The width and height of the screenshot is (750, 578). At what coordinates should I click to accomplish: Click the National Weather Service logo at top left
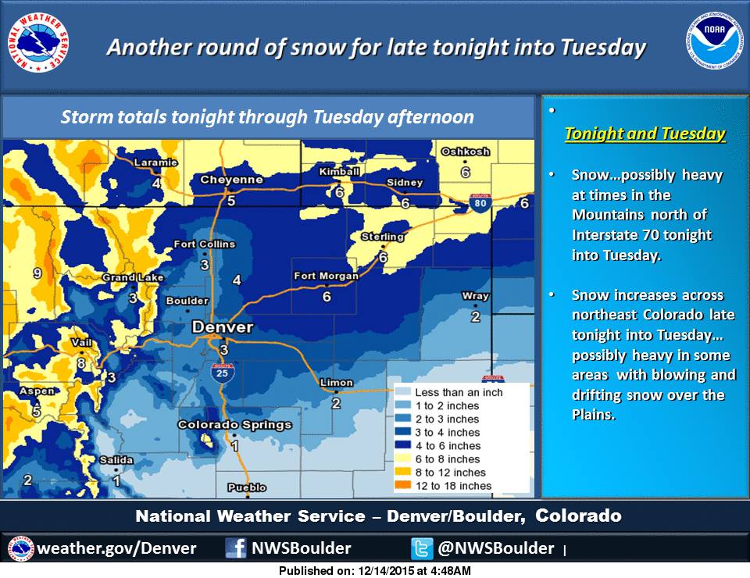[38, 43]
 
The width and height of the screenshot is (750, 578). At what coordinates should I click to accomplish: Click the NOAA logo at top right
[715, 40]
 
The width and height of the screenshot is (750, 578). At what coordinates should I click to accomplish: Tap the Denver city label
[223, 327]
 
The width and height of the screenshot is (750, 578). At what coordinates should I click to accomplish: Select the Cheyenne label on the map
[231, 180]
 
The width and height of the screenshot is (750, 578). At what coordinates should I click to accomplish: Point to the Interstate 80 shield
[480, 203]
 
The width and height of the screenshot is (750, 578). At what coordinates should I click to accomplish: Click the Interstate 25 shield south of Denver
[223, 373]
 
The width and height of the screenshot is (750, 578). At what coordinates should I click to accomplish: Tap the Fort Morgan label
[326, 276]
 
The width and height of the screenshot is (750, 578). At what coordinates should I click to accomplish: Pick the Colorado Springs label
[234, 425]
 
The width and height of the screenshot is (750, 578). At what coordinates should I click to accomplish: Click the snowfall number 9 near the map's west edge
[37, 273]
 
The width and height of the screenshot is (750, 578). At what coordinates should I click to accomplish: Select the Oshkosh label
[466, 152]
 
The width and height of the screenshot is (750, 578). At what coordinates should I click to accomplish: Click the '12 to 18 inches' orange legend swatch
[403, 485]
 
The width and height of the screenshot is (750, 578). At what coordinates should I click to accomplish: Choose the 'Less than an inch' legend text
[459, 393]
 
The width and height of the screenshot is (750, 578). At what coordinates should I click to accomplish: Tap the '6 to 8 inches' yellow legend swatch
[403, 458]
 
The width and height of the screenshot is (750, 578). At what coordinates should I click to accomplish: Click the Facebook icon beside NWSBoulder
[236, 548]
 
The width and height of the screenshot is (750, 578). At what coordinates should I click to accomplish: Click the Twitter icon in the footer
[422, 548]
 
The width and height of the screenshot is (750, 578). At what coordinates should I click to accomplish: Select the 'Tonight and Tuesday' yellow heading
[645, 134]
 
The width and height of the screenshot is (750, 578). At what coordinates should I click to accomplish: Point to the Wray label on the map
[475, 296]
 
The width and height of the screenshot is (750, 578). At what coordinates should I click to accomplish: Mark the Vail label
[81, 342]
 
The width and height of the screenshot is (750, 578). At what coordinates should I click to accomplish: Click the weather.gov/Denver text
[116, 548]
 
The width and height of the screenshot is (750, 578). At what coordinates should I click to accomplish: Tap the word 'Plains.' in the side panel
[593, 415]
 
